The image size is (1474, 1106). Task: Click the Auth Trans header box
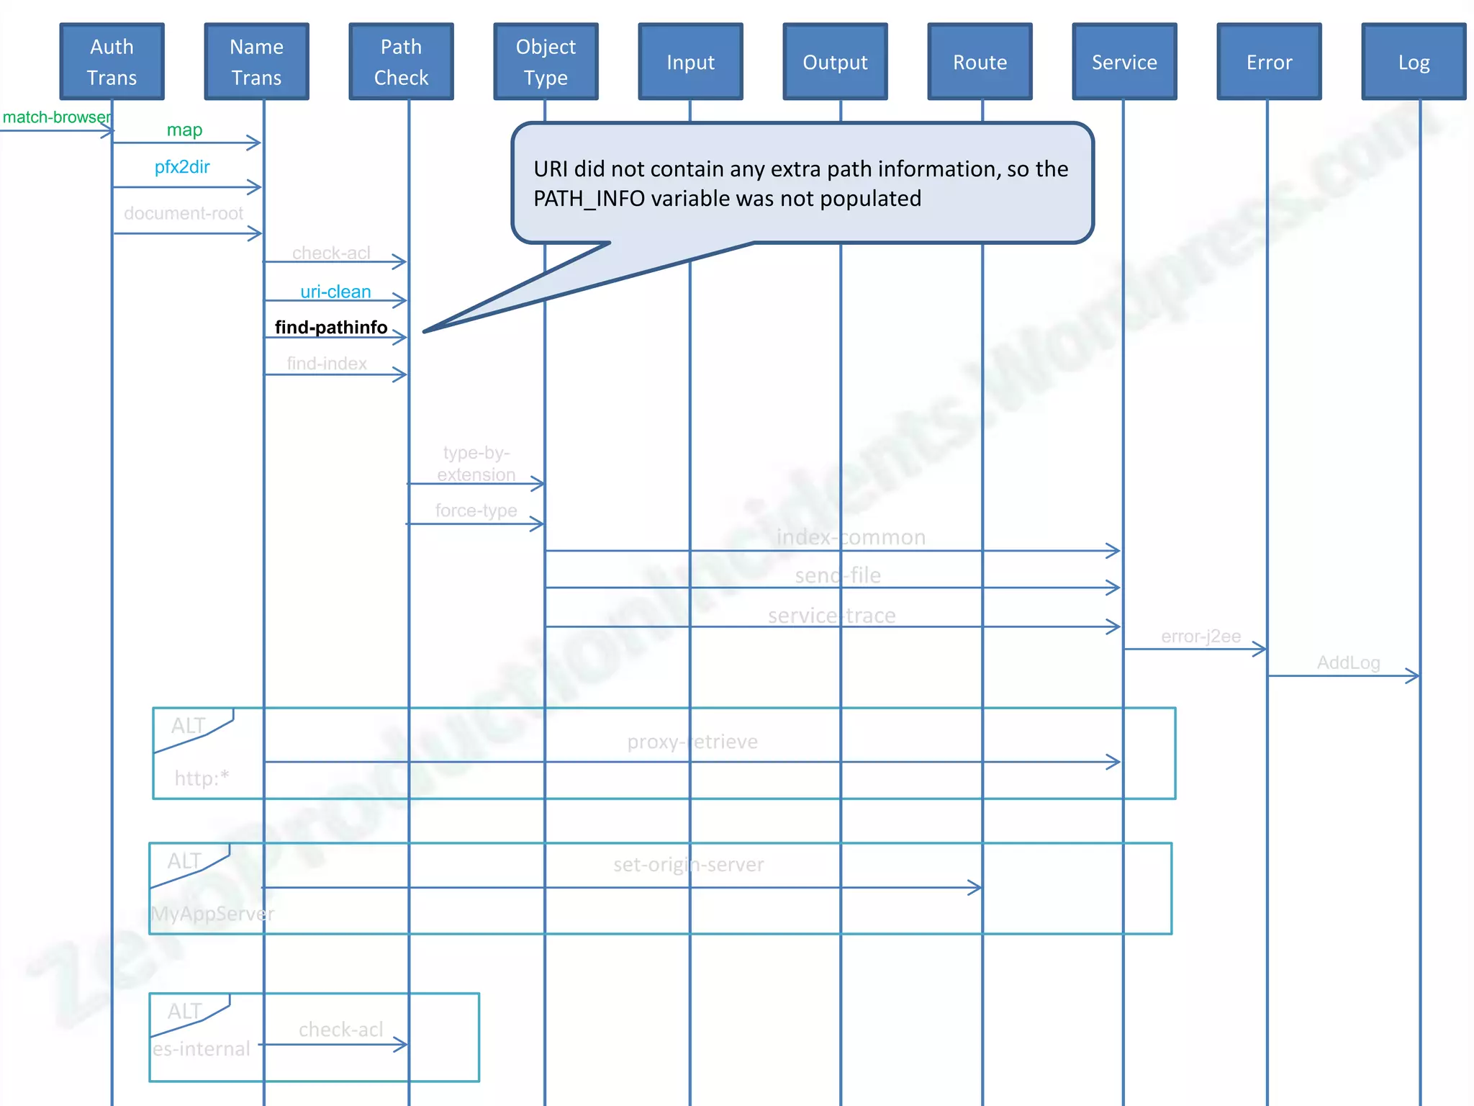click(x=112, y=62)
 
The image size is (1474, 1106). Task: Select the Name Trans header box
click(x=256, y=62)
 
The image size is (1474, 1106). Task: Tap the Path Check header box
click(x=401, y=62)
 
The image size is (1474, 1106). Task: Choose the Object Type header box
click(x=546, y=62)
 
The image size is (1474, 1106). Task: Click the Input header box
click(x=690, y=62)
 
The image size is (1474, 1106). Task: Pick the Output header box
click(x=835, y=62)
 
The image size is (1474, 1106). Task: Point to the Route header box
click(x=980, y=62)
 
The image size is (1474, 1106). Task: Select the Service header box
click(x=1124, y=62)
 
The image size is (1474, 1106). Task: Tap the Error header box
click(x=1269, y=62)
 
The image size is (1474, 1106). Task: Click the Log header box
click(x=1414, y=62)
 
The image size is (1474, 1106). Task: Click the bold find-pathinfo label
click(x=331, y=328)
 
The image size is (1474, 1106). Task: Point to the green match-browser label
click(x=56, y=117)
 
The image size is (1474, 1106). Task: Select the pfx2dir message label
click(x=182, y=167)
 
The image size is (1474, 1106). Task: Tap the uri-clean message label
click(x=335, y=292)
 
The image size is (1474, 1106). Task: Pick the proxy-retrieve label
click(x=692, y=742)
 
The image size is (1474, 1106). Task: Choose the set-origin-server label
click(x=689, y=864)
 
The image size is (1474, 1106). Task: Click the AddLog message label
click(x=1348, y=662)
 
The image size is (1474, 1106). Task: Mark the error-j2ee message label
click(x=1201, y=637)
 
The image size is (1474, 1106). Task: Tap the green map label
click(x=184, y=130)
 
